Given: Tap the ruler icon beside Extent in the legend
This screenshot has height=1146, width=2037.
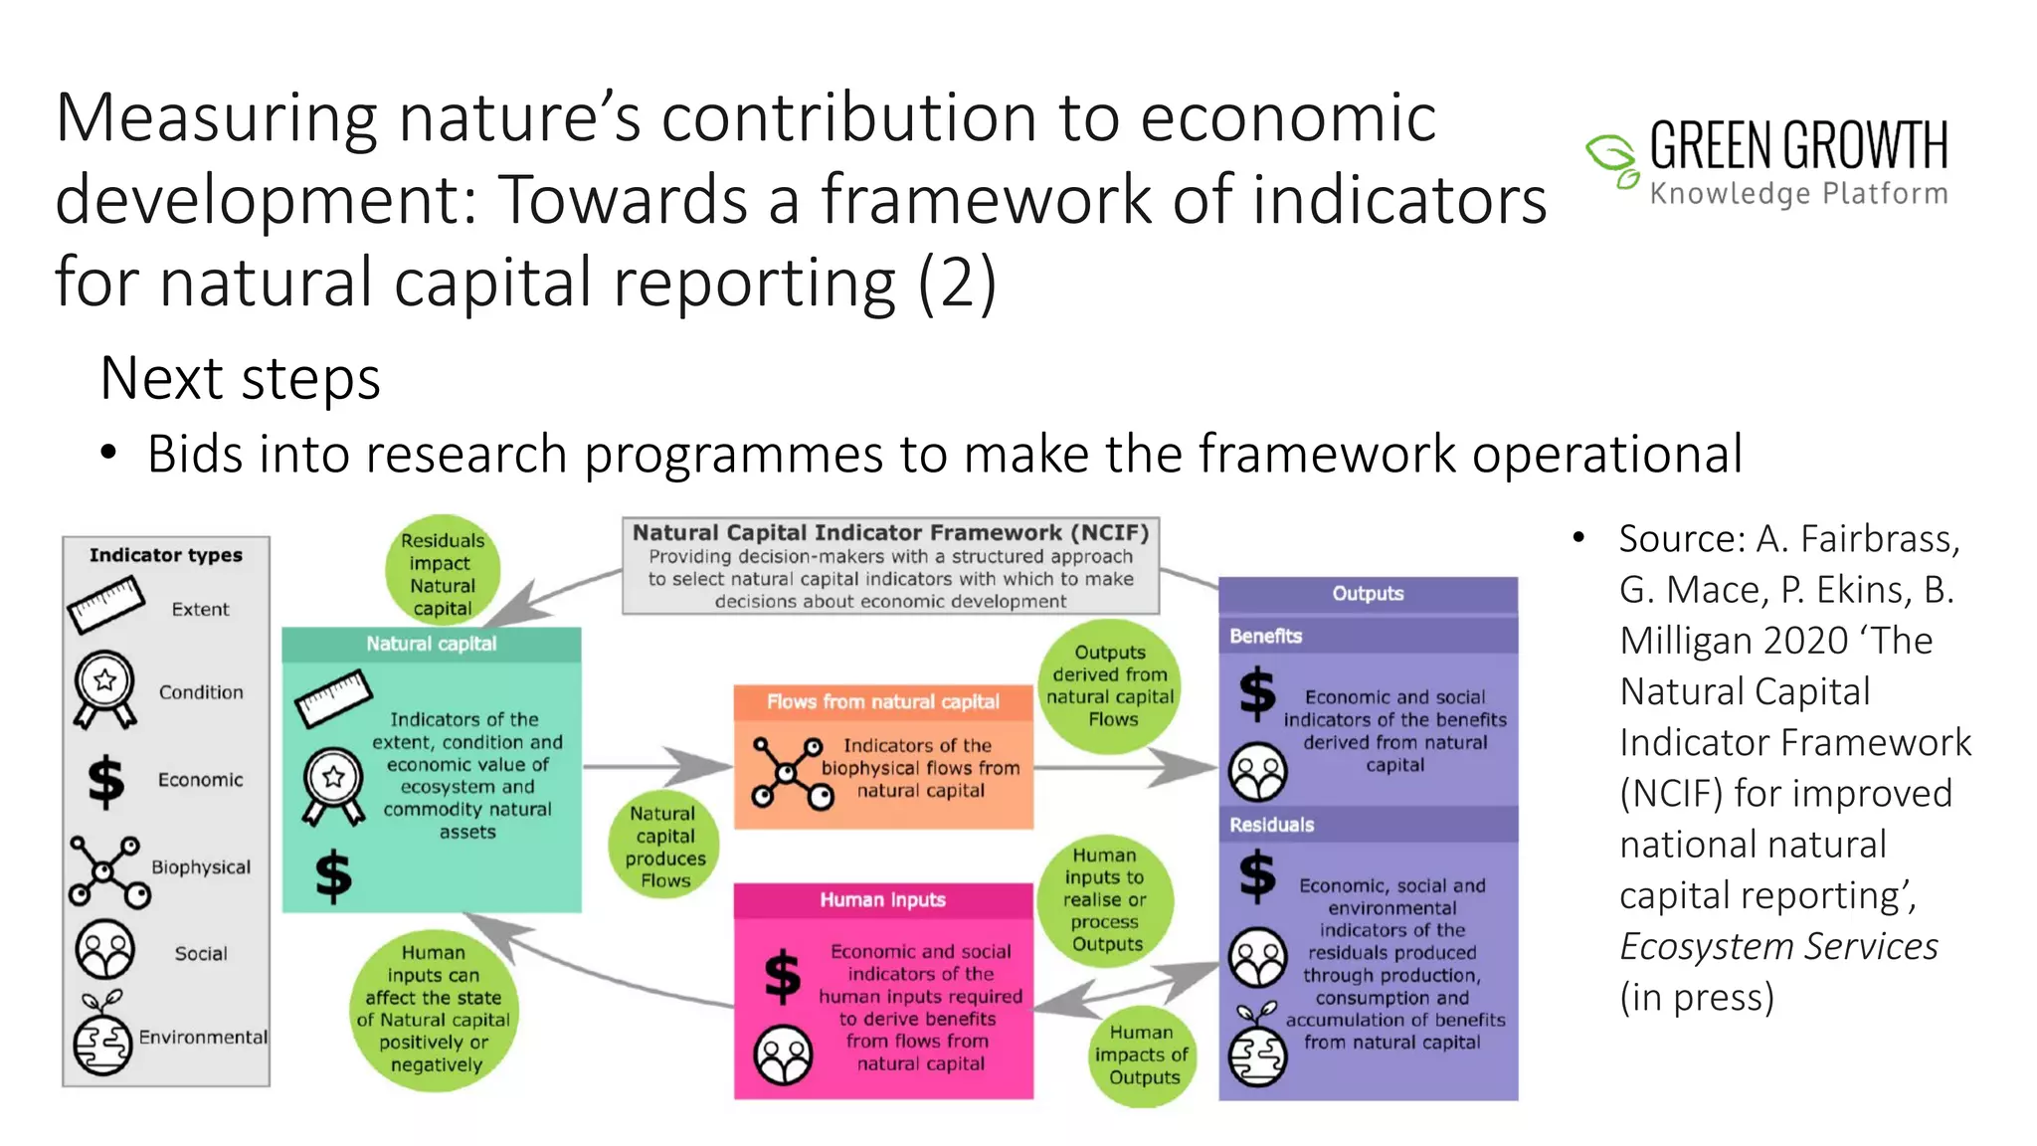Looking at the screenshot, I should click(106, 604).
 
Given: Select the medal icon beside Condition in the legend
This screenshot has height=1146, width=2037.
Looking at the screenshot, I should click(104, 689).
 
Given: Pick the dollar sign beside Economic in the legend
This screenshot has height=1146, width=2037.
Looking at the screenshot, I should click(106, 779).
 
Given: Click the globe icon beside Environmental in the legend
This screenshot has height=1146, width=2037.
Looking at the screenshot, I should click(102, 1037).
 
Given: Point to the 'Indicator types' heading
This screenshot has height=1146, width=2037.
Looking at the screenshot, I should click(166, 555).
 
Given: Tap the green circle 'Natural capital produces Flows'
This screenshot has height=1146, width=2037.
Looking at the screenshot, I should click(664, 847).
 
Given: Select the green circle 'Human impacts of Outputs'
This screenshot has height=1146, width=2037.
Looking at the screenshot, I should click(1143, 1054).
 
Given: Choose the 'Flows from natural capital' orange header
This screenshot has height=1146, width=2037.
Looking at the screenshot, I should click(883, 701).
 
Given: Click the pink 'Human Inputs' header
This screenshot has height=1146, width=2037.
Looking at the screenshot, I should click(883, 899).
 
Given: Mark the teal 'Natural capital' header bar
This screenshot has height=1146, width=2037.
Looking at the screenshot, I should click(432, 644).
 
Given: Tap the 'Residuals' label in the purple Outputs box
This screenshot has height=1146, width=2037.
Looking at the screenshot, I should click(1272, 825).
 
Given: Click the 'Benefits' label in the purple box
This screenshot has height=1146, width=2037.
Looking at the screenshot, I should click(1266, 636).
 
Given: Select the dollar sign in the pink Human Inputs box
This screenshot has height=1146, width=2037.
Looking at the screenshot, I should click(783, 975).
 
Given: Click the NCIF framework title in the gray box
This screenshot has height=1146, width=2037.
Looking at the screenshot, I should click(890, 533).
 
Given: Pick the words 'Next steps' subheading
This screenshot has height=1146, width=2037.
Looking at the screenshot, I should click(241, 379).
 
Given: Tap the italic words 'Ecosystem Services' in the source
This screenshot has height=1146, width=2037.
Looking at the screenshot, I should click(1778, 946).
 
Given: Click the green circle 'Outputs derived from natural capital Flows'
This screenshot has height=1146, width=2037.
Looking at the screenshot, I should click(1110, 685).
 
